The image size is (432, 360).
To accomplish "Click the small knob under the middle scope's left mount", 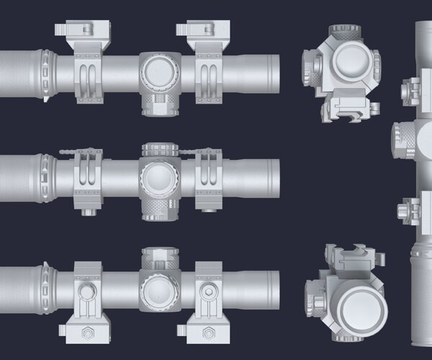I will point(90,212).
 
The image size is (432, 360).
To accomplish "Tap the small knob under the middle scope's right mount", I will point(209,212).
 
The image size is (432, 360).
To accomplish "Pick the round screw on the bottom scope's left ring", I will point(87,292).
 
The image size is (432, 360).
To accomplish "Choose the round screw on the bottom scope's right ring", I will point(208,292).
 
